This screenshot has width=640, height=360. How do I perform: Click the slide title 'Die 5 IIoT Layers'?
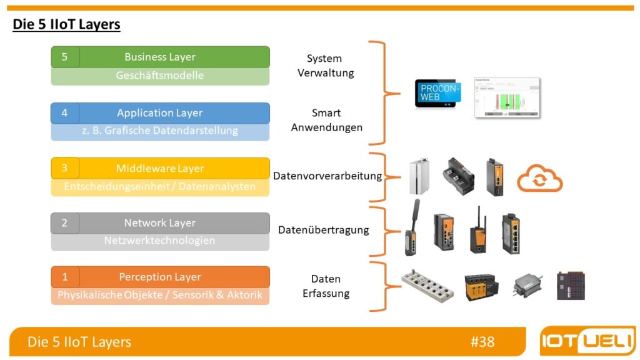[x=66, y=25]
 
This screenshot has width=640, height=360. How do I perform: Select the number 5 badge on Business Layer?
[x=64, y=57]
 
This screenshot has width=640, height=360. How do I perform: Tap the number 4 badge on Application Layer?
[x=64, y=113]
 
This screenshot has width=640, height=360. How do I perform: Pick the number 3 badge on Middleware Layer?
[x=64, y=168]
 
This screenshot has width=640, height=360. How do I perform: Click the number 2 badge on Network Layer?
[x=64, y=223]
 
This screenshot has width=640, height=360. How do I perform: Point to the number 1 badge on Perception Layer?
[x=64, y=277]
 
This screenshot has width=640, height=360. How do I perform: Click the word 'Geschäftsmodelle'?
[x=160, y=76]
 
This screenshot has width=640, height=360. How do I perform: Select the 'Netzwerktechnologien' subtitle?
[x=160, y=241]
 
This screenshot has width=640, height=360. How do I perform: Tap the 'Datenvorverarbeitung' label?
[x=327, y=176]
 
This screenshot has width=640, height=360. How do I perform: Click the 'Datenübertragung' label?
[x=323, y=230]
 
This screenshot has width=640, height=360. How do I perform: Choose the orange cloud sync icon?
[x=539, y=178]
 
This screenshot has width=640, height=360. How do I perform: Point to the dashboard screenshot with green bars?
[x=507, y=97]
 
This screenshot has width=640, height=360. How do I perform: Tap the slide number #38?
[x=482, y=342]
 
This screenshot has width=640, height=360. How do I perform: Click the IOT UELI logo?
[x=587, y=342]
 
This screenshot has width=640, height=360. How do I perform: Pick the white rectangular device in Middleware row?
[x=419, y=177]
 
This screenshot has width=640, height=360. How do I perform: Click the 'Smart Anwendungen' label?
[x=326, y=120]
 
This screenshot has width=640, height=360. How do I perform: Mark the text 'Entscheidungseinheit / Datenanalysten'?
[x=160, y=187]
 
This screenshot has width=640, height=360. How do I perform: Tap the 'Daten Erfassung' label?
[x=326, y=286]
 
